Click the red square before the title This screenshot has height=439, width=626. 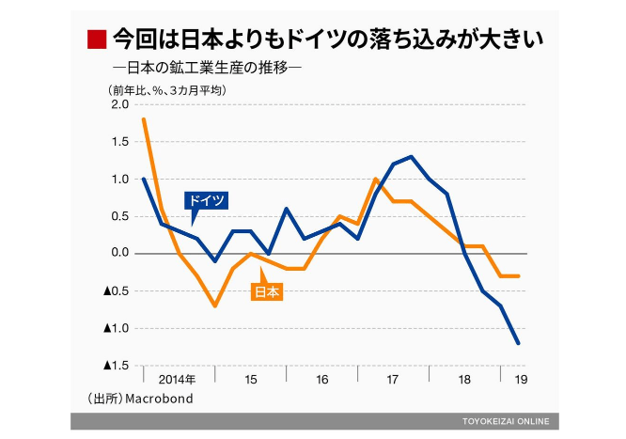point(96,39)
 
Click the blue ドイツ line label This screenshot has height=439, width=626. point(206,200)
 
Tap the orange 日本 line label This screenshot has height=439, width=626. point(268,291)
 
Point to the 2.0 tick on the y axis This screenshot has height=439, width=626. point(118,104)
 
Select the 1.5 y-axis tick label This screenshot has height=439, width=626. point(118,142)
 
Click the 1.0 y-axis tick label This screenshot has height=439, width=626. point(118,179)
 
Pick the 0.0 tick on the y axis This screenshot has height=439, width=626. point(118,254)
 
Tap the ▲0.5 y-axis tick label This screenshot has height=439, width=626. point(115,290)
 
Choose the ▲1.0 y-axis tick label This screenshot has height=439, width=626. point(115,328)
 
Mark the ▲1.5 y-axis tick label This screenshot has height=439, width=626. point(115,365)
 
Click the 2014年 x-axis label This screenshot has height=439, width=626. point(178,380)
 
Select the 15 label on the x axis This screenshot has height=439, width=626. point(251,380)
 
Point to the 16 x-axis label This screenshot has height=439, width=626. point(322,380)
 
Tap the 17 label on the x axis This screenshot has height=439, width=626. point(394,380)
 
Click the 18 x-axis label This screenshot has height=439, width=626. point(464,380)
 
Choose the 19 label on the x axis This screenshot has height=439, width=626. point(518,380)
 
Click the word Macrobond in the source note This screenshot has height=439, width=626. point(162,400)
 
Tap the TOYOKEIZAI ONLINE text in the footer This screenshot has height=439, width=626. point(506,420)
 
